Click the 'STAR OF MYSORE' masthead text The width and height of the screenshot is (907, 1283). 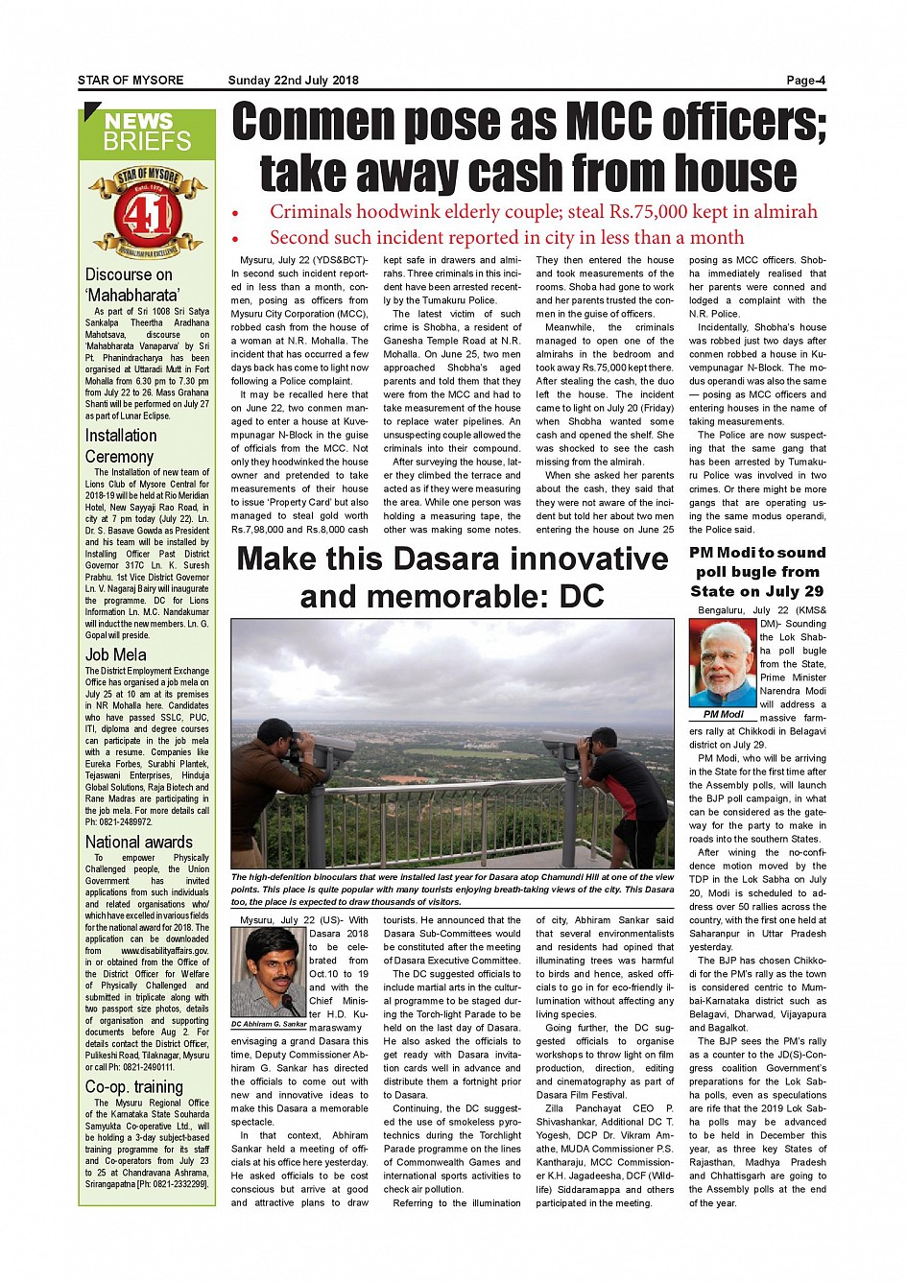click(x=131, y=81)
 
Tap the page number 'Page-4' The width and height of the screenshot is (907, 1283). click(x=805, y=81)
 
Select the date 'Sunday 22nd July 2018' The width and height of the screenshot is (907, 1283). click(x=293, y=81)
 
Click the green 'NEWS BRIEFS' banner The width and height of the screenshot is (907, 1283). click(x=148, y=132)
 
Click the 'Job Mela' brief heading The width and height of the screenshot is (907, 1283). click(x=116, y=655)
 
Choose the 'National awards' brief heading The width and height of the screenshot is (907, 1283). click(x=139, y=843)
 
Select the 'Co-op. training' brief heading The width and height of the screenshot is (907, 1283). click(x=134, y=1087)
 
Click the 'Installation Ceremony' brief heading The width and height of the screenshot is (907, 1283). click(x=121, y=446)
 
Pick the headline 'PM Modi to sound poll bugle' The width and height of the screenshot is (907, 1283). click(x=757, y=572)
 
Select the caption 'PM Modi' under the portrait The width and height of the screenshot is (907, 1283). click(x=723, y=715)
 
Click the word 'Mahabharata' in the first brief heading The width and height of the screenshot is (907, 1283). click(x=132, y=296)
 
